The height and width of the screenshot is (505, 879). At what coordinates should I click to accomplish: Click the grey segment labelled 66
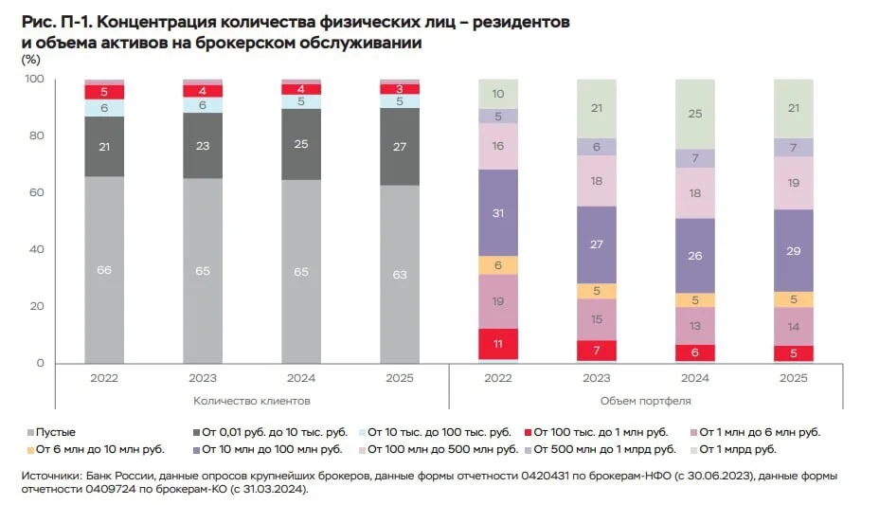(104, 270)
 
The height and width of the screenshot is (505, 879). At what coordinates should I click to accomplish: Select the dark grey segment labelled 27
(400, 147)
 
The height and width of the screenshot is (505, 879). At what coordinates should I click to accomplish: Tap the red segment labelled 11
(498, 344)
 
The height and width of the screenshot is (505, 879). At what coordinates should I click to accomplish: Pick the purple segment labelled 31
(498, 213)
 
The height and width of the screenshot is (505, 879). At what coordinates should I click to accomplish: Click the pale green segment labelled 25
(695, 114)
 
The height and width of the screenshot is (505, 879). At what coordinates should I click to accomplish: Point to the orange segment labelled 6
(498, 265)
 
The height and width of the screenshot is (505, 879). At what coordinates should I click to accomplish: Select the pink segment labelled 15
(597, 319)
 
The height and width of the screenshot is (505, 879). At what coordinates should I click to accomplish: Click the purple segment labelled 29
(794, 250)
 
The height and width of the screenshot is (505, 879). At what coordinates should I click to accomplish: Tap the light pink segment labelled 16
(498, 146)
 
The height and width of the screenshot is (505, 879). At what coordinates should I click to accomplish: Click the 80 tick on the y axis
(36, 135)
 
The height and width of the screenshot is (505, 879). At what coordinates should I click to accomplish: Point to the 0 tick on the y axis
(41, 363)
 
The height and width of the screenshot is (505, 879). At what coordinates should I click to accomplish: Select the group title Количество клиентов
(252, 401)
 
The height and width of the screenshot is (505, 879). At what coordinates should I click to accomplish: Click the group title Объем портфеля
(646, 401)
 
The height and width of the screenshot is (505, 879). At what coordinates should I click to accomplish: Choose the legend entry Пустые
(51, 432)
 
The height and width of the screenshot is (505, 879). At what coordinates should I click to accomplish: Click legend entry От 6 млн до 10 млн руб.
(96, 449)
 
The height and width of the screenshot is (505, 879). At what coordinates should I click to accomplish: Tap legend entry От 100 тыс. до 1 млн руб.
(597, 432)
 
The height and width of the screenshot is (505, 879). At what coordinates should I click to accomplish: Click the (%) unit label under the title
(31, 59)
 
